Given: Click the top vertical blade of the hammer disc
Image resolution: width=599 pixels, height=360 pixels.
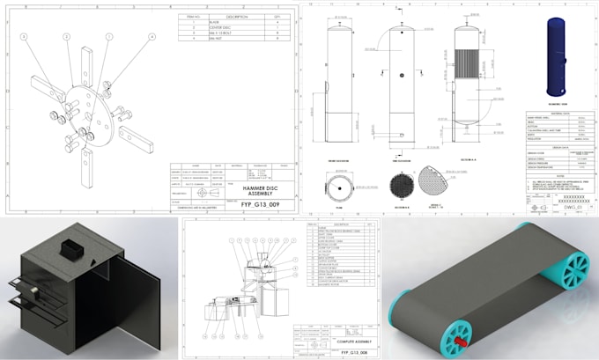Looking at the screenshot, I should click(x=85, y=64).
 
